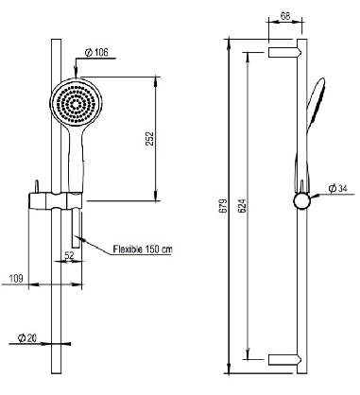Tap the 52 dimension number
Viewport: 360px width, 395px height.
click(x=68, y=254)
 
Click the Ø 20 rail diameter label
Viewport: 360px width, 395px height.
click(x=28, y=336)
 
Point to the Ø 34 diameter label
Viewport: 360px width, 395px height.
click(x=338, y=189)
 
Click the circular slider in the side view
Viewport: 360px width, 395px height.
click(x=301, y=201)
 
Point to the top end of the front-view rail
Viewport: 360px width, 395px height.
click(x=56, y=43)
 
